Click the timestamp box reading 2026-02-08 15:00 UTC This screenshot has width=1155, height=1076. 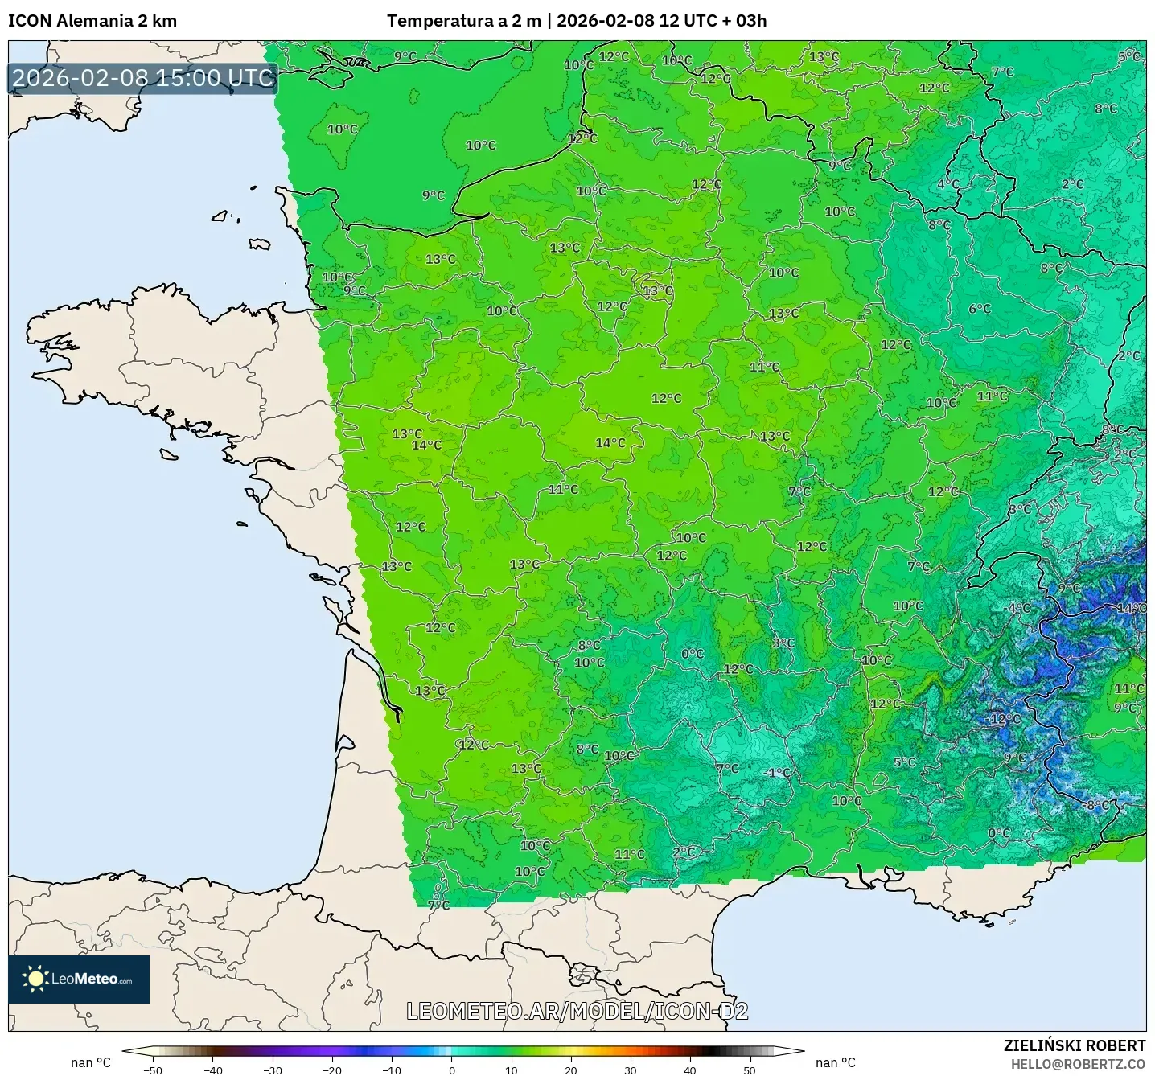click(143, 78)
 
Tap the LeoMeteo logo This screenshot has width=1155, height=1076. click(79, 979)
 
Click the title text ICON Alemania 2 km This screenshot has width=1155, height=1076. click(92, 21)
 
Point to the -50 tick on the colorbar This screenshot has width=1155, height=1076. click(153, 1070)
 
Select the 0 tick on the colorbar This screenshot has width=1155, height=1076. click(452, 1070)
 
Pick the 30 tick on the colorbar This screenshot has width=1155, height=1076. click(630, 1070)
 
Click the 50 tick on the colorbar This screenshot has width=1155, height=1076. click(750, 1070)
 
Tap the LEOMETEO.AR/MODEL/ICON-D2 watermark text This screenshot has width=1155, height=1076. click(577, 1011)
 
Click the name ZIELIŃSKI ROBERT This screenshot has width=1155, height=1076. click(1075, 1045)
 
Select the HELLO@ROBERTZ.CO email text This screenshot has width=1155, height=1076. click(1078, 1064)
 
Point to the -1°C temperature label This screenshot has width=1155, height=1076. click(777, 773)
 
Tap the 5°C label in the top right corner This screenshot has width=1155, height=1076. click(1129, 56)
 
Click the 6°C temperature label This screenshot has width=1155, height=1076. click(980, 309)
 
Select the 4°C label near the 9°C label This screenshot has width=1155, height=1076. click(947, 184)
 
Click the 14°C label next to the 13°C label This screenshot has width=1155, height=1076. click(426, 446)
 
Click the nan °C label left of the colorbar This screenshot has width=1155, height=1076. click(91, 1062)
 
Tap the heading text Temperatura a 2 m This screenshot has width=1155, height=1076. click(464, 21)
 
